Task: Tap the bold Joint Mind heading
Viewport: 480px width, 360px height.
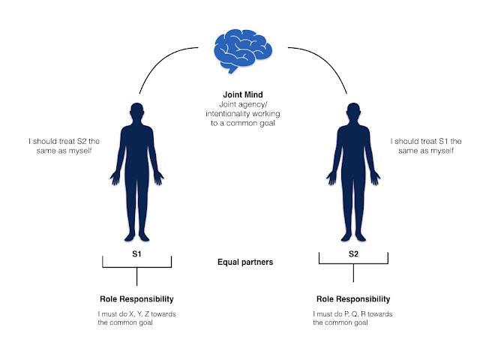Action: [239, 94]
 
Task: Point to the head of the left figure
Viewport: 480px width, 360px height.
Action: [136, 112]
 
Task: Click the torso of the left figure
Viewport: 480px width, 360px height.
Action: [136, 154]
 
